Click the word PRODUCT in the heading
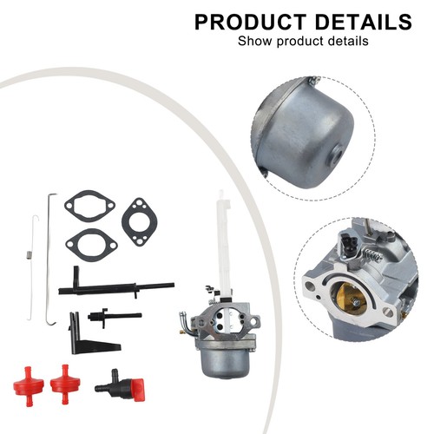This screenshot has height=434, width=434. click(250, 22)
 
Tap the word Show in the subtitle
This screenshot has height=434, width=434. click(255, 41)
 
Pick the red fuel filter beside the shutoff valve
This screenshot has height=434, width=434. click(65, 384)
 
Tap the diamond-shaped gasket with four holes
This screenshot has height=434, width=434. click(140, 222)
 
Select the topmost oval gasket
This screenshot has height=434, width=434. click(89, 206)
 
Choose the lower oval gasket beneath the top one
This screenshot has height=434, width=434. click(91, 245)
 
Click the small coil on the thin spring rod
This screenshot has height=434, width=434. click(29, 256)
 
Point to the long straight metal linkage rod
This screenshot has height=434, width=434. click(49, 260)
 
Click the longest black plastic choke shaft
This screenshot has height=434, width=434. click(115, 288)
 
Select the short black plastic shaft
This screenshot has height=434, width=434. click(115, 316)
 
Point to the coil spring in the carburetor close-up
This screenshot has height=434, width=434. click(371, 255)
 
